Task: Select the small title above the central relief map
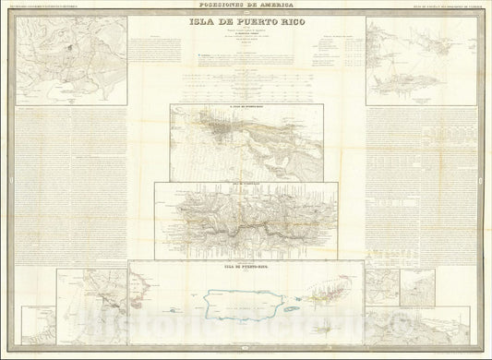click(x=246, y=183)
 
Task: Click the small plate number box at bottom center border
click(x=246, y=350)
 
